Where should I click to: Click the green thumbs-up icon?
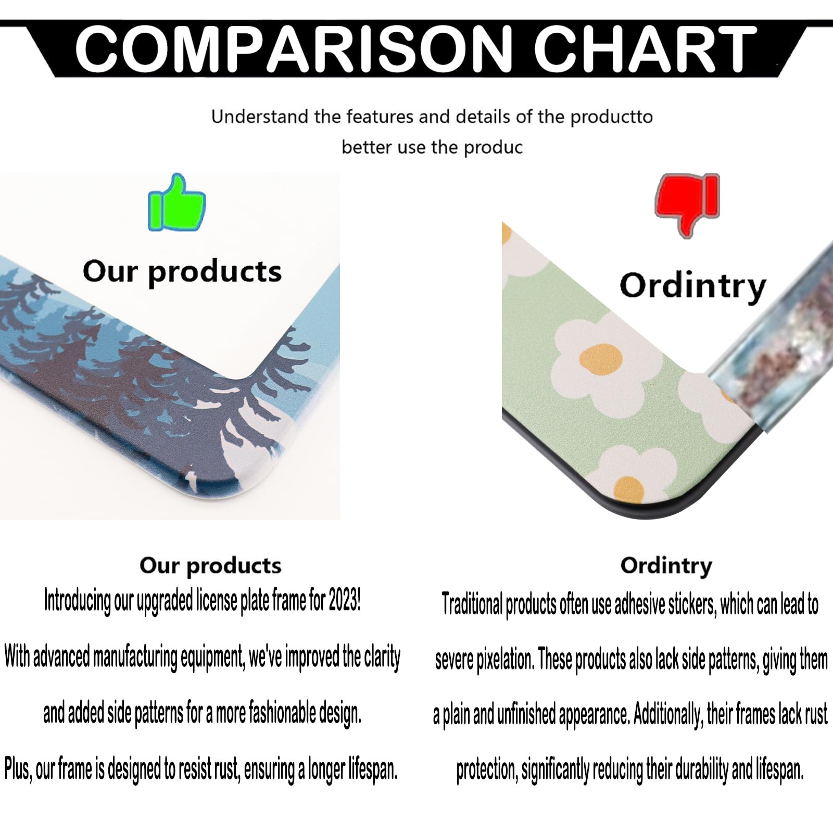(177, 203)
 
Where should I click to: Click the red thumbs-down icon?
(688, 205)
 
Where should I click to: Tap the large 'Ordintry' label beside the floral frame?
(693, 286)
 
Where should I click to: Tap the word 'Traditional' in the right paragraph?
(472, 604)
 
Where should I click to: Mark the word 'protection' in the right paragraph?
(487, 769)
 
